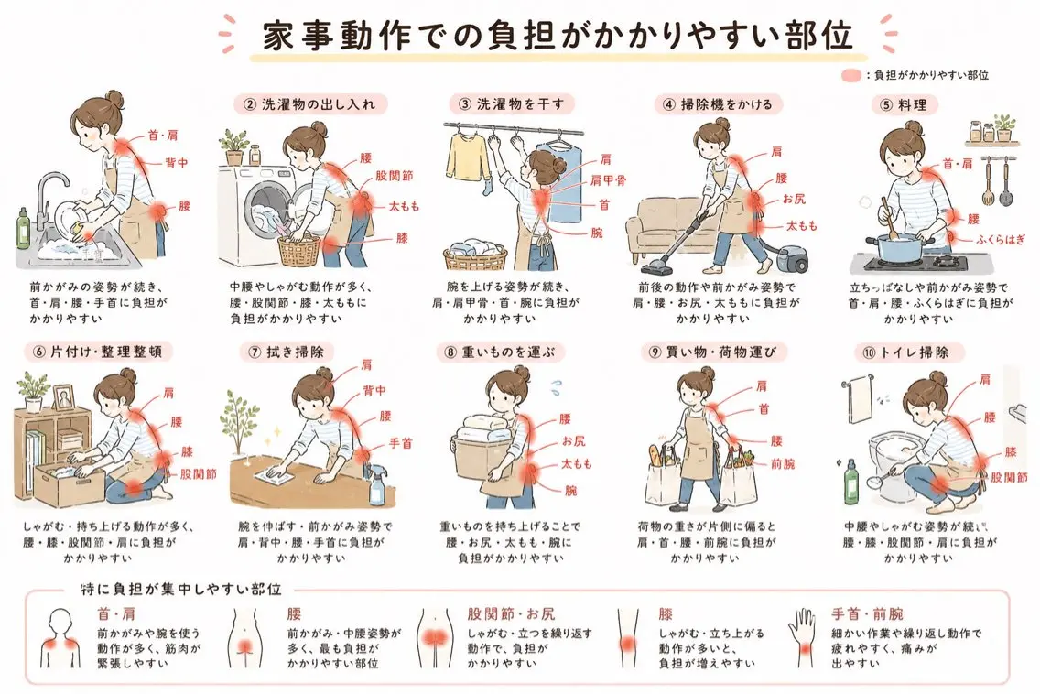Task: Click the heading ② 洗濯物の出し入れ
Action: pyautogui.click(x=309, y=104)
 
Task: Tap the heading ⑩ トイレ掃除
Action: pyautogui.click(x=905, y=352)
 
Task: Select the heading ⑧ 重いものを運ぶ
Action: pyautogui.click(x=500, y=352)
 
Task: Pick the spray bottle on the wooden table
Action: pyautogui.click(x=377, y=483)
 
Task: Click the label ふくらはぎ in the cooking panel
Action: pyautogui.click(x=1001, y=240)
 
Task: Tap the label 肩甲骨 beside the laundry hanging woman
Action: pyautogui.click(x=608, y=180)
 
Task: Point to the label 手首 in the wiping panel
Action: pyautogui.click(x=400, y=443)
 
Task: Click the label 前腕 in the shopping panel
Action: pyautogui.click(x=783, y=464)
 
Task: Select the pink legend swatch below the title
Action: pyautogui.click(x=851, y=76)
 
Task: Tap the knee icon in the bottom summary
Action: pyautogui.click(x=627, y=637)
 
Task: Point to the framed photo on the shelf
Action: pyautogui.click(x=63, y=398)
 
